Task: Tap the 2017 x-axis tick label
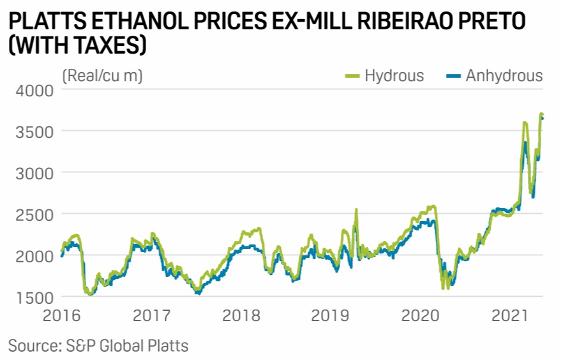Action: coord(151,315)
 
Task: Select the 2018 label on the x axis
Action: coord(241,315)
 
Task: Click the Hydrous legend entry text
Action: coord(394,76)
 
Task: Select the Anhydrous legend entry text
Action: coord(504,76)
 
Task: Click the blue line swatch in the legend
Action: coord(452,76)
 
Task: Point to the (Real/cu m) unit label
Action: coord(102,76)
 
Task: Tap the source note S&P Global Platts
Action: coord(98,346)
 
